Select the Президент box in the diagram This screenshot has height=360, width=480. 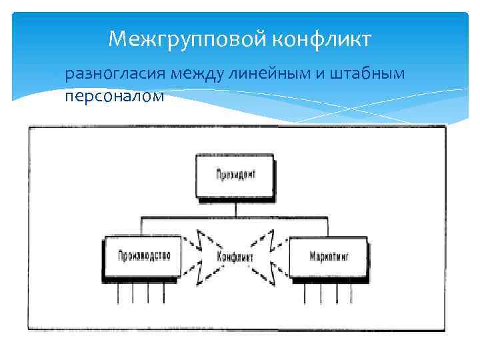235,176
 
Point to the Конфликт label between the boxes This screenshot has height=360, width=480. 235,256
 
